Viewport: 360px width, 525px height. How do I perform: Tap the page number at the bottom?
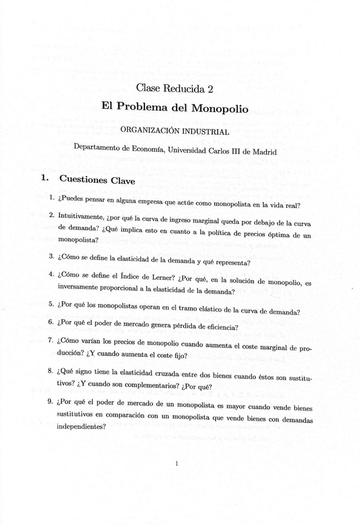(x=177, y=462)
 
